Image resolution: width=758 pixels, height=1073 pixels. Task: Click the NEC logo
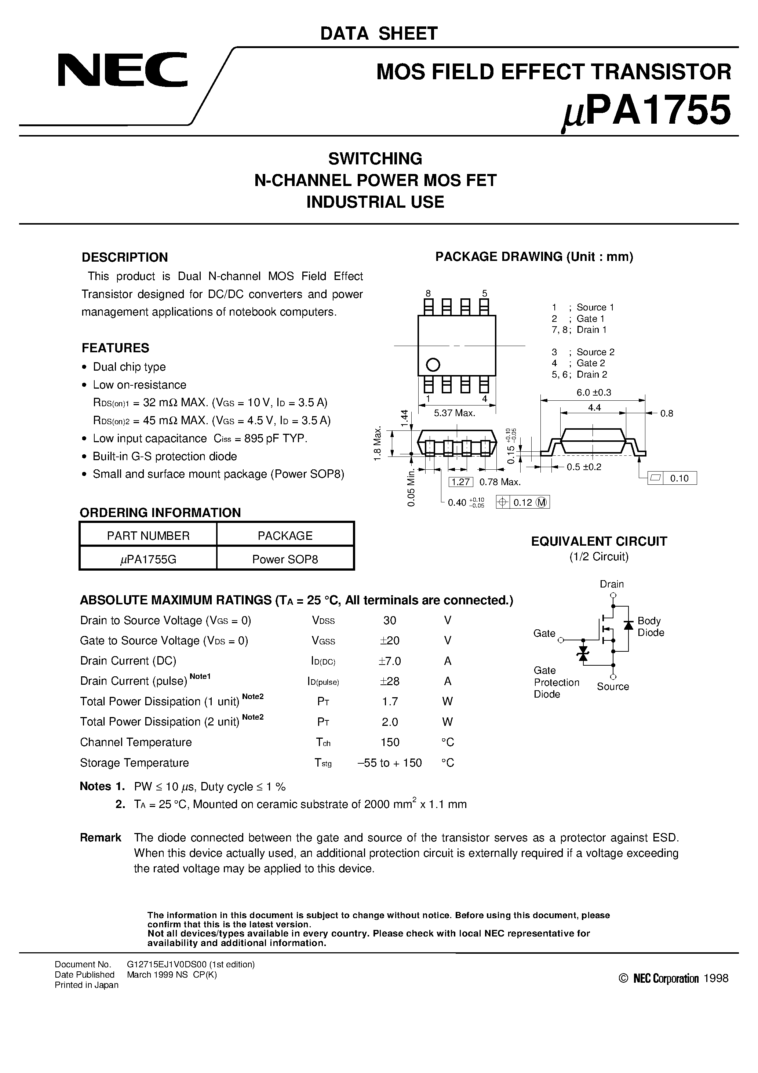point(123,70)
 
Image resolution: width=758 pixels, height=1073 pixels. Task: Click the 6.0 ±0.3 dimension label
point(594,393)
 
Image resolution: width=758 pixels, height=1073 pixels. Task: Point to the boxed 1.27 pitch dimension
point(461,482)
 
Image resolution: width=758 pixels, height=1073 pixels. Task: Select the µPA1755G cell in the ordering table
point(148,559)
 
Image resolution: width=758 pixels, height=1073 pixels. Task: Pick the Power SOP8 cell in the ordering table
point(285,559)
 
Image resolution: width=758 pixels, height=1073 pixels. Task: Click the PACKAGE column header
point(285,535)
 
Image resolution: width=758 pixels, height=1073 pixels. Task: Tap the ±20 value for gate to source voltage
point(389,640)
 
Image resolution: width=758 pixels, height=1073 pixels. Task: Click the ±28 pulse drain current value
point(389,681)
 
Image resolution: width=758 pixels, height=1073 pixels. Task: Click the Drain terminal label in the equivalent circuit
point(612,584)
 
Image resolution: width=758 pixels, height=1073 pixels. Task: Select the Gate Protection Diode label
point(556,682)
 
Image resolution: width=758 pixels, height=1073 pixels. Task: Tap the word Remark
point(101,837)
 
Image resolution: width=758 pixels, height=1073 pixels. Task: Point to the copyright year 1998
point(715,979)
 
